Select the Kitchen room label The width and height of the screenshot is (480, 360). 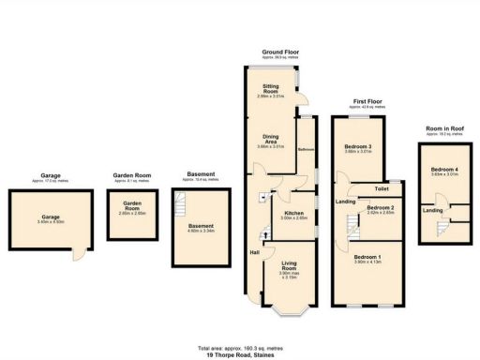coord(293,215)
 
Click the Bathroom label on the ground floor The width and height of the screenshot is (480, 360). coord(306,150)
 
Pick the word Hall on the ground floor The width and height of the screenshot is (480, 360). coord(254,253)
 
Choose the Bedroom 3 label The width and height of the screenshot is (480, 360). coord(358,147)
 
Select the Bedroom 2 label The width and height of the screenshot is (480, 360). coord(380,208)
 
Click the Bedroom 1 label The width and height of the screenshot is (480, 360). coord(367,258)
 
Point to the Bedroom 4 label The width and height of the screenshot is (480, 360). coord(443,170)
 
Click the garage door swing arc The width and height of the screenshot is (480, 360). coord(80,254)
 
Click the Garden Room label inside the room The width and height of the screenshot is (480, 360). coord(126,208)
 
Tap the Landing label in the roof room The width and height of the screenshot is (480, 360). coord(432,210)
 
